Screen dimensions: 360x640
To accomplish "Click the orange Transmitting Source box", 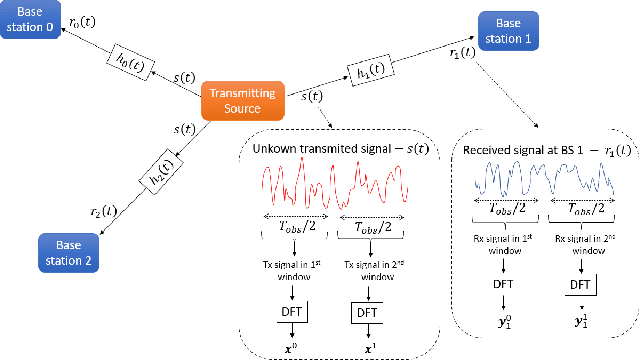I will (246, 98).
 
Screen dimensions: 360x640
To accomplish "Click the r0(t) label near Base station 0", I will (84, 20).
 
